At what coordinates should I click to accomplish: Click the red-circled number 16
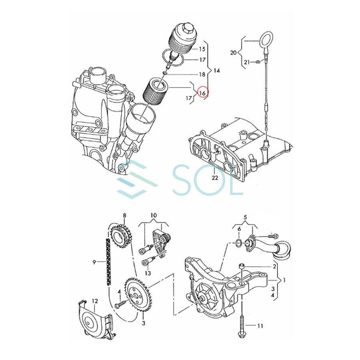pos(202,92)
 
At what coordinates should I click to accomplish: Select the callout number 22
pos(215,178)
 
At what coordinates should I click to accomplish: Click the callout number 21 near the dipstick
pos(247,62)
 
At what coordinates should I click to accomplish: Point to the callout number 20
pos(234,52)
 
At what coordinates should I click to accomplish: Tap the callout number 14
pos(217,71)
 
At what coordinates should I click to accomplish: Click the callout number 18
pos(202,74)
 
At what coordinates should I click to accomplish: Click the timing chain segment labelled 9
pos(108,262)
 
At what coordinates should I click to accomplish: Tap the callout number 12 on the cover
pos(94,300)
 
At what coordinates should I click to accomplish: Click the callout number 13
pos(148,273)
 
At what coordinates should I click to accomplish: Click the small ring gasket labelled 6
pos(239,243)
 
